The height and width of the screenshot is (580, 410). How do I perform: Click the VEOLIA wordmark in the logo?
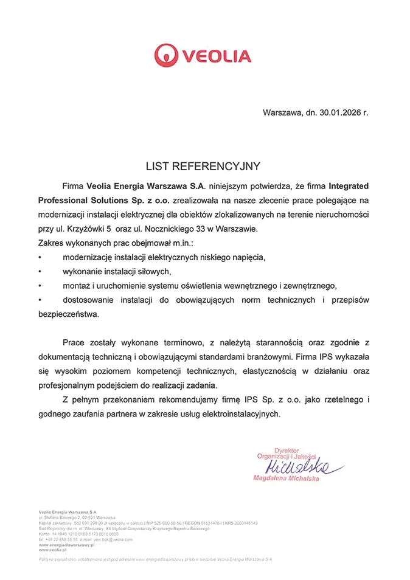tap(216, 57)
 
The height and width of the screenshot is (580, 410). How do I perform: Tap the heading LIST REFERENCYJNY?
tap(203, 166)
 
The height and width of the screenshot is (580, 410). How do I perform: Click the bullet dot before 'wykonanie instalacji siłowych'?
tap(40, 271)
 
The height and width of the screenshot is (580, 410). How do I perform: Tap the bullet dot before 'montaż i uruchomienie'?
tap(40, 286)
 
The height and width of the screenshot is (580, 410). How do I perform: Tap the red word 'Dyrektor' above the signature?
tap(287, 451)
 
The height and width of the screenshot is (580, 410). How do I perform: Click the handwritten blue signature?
tap(298, 467)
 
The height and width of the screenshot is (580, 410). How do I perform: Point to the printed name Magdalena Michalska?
tap(285, 479)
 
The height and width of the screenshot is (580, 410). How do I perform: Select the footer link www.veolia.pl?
tap(51, 549)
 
